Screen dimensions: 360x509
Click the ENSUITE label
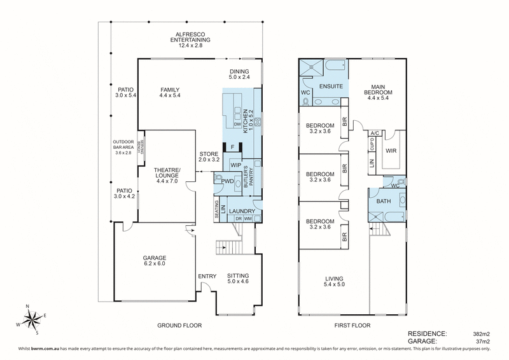point(331,85)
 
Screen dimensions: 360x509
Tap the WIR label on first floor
point(391,151)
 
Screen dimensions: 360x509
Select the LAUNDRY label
point(242,211)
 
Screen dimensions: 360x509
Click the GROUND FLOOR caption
point(179,325)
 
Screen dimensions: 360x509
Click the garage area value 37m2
point(482,341)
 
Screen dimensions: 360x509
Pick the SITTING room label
point(239,276)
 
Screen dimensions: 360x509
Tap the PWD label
point(227,181)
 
